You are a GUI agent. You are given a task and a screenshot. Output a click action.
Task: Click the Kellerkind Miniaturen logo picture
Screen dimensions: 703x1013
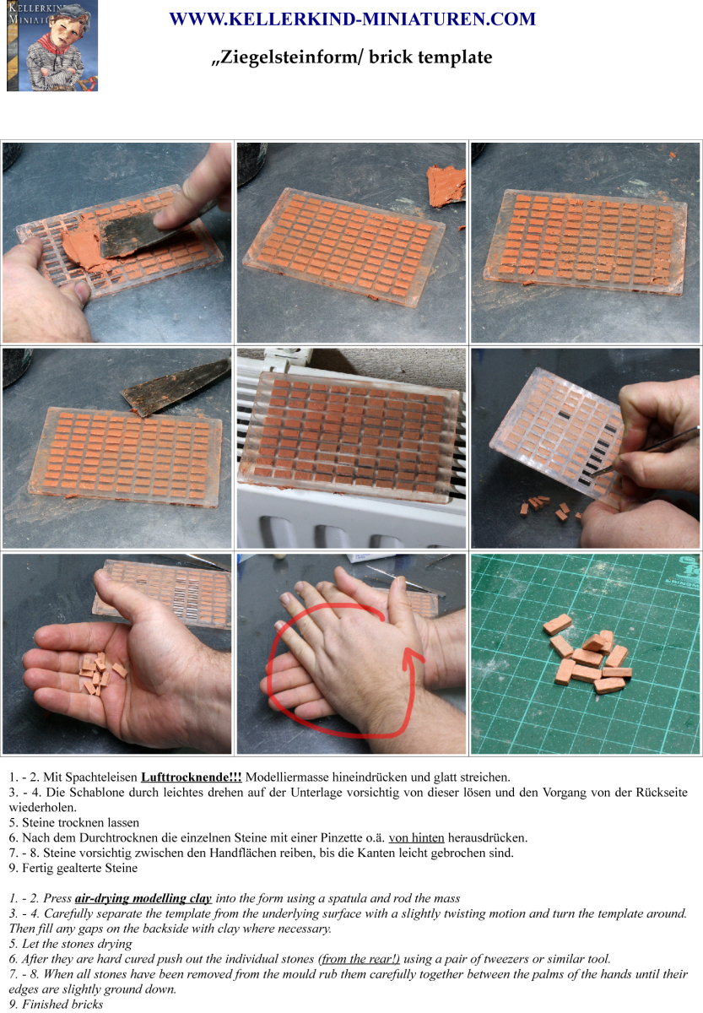52,46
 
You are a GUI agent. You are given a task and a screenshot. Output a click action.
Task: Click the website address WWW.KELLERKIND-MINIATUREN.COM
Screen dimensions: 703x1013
353,19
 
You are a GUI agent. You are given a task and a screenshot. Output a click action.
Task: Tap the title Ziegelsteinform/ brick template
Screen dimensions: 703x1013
352,57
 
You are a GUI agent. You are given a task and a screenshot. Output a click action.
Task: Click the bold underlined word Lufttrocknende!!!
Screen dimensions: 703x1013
192,777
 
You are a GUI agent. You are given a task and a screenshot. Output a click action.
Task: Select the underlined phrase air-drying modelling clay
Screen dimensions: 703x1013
143,897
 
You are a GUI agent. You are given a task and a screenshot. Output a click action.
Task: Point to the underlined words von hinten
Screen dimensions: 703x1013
416,837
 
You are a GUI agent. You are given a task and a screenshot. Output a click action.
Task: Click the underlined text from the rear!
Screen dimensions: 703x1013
360,958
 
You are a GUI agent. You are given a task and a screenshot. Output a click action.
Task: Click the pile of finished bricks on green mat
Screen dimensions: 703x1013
587,653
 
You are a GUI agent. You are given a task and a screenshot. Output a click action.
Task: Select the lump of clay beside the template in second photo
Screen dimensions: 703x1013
446,186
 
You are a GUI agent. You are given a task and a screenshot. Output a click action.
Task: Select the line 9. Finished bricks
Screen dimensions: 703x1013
56,1004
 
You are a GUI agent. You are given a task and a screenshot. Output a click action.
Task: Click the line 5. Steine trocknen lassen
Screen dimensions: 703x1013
74,822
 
